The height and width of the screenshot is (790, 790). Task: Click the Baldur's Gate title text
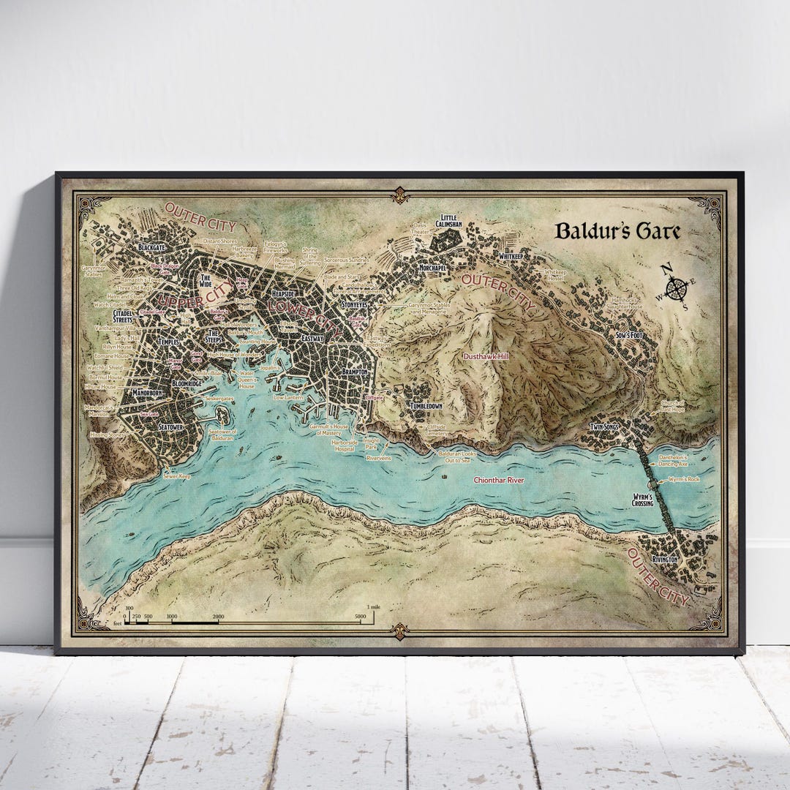(x=617, y=231)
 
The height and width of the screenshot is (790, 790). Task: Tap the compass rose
(x=677, y=287)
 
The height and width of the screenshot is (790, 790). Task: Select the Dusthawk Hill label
(x=486, y=356)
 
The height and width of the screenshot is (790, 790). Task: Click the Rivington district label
(x=666, y=559)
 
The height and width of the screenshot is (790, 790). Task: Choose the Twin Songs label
(x=606, y=426)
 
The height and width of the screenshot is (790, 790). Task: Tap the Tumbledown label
(x=426, y=406)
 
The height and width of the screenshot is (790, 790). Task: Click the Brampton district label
(x=355, y=372)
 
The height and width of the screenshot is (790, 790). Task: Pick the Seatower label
(x=170, y=427)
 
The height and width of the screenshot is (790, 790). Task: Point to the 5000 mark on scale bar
(x=361, y=617)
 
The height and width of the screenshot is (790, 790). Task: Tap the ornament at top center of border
(x=399, y=195)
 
